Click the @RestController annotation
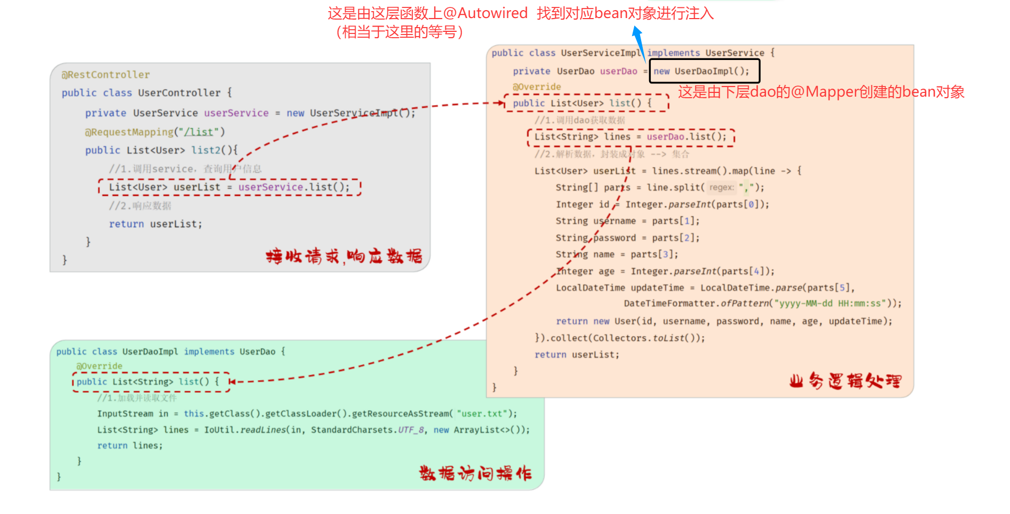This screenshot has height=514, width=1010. point(106,75)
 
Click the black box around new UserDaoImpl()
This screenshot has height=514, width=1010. point(705,71)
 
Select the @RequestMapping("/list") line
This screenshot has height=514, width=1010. point(155,132)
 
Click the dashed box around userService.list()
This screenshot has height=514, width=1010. point(229,187)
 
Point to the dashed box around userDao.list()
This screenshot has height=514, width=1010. point(631,137)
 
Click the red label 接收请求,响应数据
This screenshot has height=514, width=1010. point(344,257)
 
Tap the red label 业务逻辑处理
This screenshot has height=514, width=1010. point(845,381)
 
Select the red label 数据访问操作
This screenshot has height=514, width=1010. point(475,473)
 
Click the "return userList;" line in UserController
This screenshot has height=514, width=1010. point(156,224)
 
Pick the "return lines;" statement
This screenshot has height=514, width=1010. point(130,446)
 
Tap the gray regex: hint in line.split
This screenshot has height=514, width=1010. point(721,187)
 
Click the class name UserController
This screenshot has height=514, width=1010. point(179,93)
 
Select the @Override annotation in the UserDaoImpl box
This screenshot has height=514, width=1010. point(99,366)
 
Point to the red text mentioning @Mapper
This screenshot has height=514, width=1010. point(821,92)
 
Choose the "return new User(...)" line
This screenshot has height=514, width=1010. point(724,321)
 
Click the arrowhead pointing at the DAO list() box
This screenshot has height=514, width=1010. point(232,382)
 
